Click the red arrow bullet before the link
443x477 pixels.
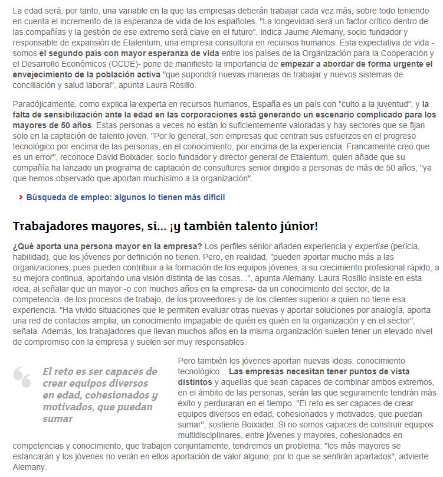(x=21, y=197)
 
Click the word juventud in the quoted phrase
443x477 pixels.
(x=386, y=104)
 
